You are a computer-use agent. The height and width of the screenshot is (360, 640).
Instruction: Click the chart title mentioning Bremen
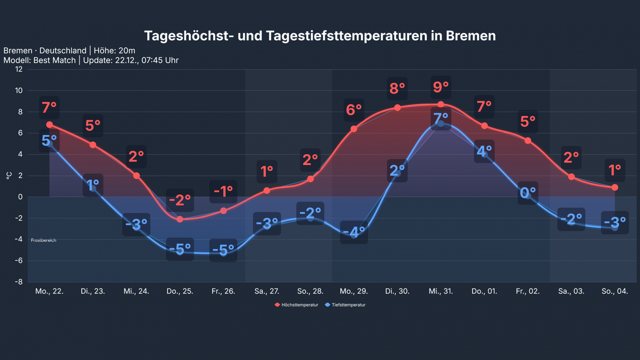click(x=320, y=36)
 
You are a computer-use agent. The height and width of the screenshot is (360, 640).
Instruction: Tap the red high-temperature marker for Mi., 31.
click(x=440, y=104)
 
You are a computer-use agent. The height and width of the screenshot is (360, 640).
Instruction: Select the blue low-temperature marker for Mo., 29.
click(x=354, y=235)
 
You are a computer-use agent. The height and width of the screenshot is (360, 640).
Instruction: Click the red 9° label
click(x=440, y=87)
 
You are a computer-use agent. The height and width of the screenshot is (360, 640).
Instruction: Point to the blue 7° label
click(x=440, y=118)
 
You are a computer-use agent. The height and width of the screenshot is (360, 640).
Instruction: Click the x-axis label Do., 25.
click(x=180, y=291)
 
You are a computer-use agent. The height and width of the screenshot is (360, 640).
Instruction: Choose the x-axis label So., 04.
click(x=614, y=291)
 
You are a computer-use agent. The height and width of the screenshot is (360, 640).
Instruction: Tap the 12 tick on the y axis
click(x=19, y=69)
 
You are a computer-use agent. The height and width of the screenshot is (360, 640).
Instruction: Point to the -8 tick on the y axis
click(x=19, y=282)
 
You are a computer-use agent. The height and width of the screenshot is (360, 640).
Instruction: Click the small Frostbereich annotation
click(x=44, y=240)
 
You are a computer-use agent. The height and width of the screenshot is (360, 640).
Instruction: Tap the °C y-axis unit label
click(x=9, y=175)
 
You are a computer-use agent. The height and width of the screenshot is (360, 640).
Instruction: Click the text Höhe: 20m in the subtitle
click(x=114, y=51)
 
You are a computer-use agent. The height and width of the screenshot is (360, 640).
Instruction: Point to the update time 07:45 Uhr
click(x=160, y=60)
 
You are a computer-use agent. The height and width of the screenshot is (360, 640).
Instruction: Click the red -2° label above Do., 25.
click(x=180, y=200)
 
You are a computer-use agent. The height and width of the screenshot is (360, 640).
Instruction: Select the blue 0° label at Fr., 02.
click(x=527, y=192)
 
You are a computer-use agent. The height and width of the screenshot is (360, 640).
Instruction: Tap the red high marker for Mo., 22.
click(x=49, y=125)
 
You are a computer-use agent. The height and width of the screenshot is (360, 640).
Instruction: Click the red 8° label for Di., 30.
click(x=397, y=88)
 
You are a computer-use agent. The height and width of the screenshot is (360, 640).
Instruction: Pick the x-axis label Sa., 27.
click(x=267, y=291)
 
